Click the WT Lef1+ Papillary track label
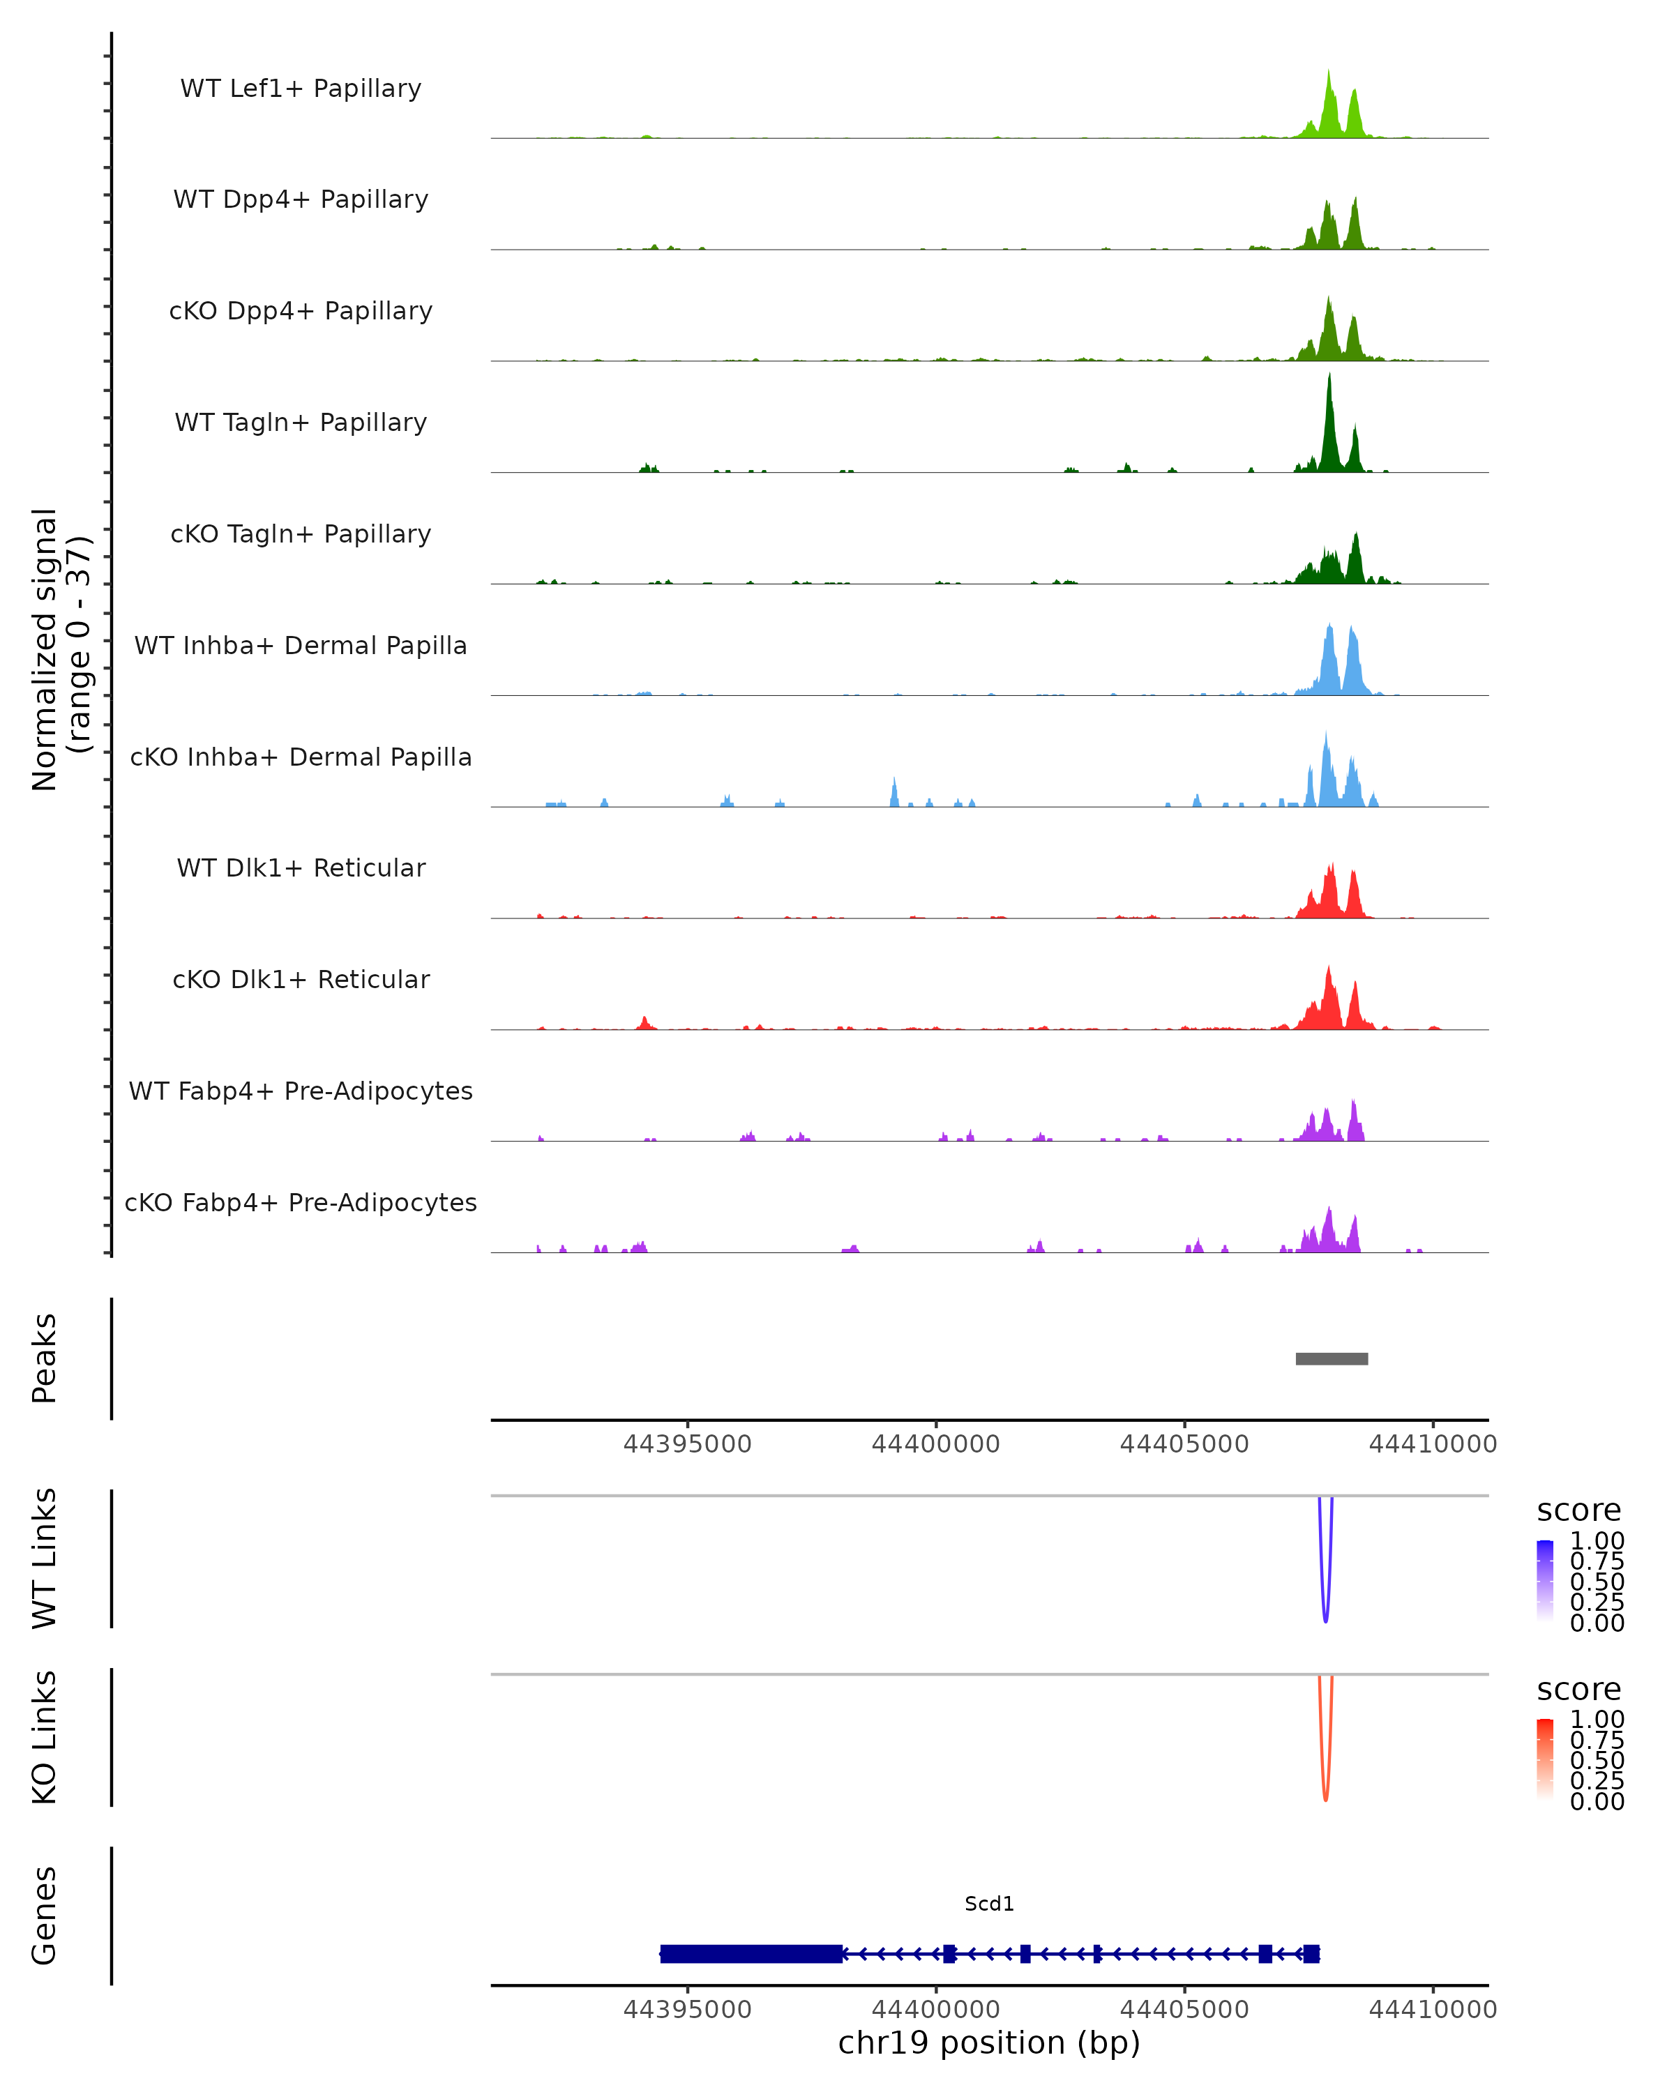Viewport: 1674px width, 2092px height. click(301, 89)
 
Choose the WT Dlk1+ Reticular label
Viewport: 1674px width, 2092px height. click(301, 867)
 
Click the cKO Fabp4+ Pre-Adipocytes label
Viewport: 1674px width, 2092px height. click(301, 1202)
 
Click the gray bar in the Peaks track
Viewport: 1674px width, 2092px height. click(1332, 1358)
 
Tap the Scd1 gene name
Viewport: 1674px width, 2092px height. click(989, 1903)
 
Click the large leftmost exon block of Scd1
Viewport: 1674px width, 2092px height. click(751, 1953)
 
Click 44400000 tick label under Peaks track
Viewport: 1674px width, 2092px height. click(935, 1444)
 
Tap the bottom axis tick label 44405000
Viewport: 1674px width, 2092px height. click(1184, 2008)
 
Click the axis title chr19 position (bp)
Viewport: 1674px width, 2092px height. click(989, 2042)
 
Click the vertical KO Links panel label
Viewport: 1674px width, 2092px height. click(45, 1737)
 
